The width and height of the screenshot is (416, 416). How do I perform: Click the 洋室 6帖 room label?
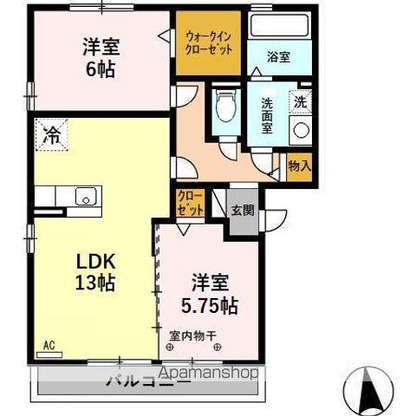coord(101,57)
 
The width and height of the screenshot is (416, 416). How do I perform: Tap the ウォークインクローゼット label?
coord(209,39)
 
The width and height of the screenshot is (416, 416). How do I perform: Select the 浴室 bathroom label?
coord(280,57)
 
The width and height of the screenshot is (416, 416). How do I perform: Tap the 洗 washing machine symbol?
coord(299,101)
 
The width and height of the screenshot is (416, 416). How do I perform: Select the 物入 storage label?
coord(299,166)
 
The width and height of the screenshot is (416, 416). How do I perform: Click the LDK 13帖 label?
coord(91,270)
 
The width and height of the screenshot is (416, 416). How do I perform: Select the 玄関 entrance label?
coord(243,210)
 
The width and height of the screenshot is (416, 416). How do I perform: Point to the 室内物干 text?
coord(192,334)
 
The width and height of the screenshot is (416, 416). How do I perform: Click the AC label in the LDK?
coord(49,345)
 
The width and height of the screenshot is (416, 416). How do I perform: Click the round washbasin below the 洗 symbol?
coord(302,131)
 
